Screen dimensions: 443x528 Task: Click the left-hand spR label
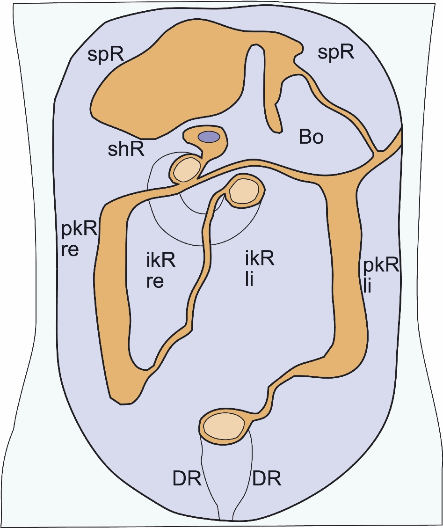click(x=106, y=54)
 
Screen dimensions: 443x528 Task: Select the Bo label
click(x=311, y=137)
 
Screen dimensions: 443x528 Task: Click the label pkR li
click(x=381, y=276)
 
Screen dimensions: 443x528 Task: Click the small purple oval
click(x=209, y=137)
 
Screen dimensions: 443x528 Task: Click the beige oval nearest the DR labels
click(x=224, y=426)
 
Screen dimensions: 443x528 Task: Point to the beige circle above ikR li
click(x=244, y=191)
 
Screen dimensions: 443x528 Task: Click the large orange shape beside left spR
click(x=168, y=88)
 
